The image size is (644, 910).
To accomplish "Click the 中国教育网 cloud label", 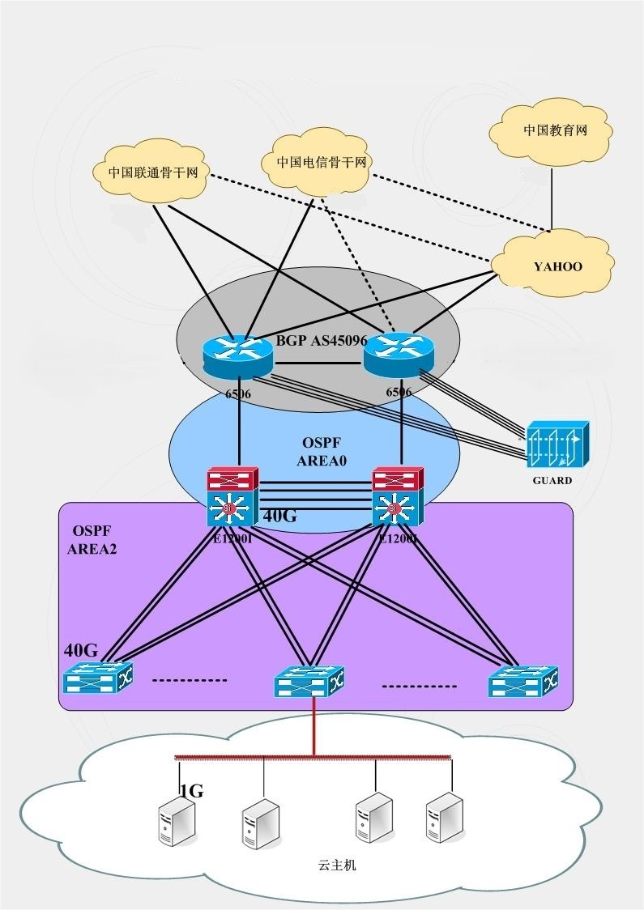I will [x=555, y=130].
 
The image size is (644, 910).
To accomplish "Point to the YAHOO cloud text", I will [x=557, y=266].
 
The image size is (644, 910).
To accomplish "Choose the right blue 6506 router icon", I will [x=399, y=355].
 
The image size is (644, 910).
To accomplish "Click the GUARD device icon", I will [x=556, y=444].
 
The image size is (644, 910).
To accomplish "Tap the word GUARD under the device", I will [x=552, y=480].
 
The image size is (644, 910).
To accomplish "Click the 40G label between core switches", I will [x=280, y=517].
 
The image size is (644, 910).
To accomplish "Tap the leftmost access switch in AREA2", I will [x=98, y=678].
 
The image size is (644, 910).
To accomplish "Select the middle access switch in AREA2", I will [x=309, y=682].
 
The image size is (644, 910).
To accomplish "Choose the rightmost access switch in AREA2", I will [x=523, y=682].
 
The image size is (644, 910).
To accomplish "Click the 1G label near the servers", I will [x=191, y=791].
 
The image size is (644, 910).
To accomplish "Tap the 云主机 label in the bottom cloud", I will [x=337, y=865].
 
